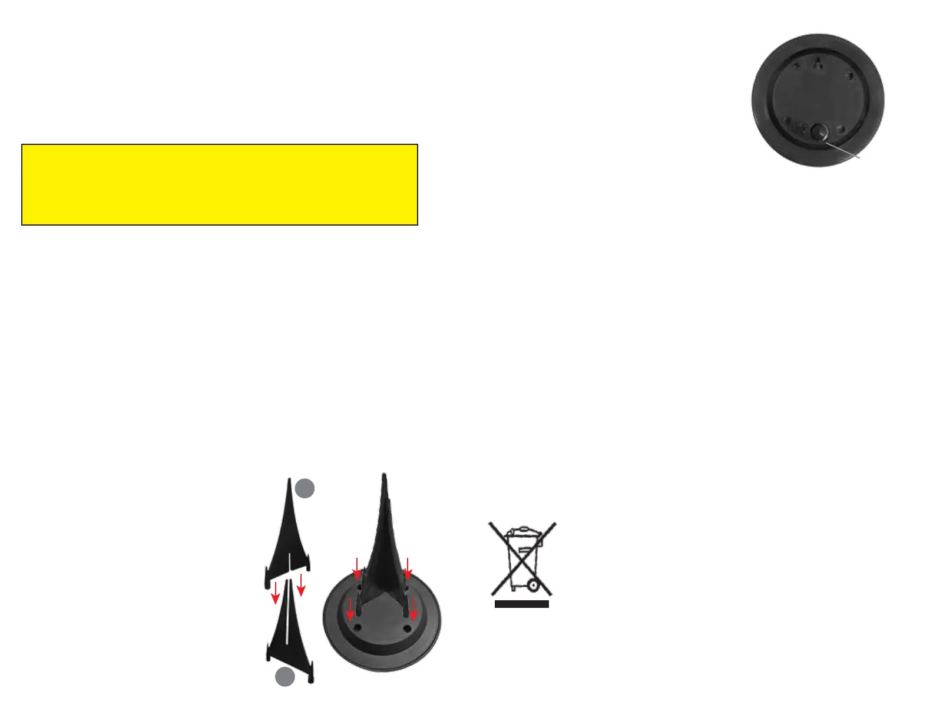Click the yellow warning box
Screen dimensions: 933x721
[219, 184]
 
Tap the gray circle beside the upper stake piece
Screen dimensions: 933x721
[305, 488]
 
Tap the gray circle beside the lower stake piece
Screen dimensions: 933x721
[285, 677]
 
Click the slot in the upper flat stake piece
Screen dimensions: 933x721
[289, 562]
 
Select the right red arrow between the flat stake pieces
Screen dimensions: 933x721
[301, 586]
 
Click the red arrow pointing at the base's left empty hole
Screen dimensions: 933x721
[351, 610]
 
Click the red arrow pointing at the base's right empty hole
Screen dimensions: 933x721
[413, 610]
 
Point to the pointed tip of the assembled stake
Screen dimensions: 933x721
[384, 475]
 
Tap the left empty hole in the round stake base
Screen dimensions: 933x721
[357, 628]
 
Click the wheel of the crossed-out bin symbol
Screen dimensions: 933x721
[532, 585]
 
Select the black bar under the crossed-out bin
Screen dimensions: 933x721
[521, 604]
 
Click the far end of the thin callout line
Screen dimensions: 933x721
[861, 157]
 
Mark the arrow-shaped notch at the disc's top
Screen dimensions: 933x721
[818, 64]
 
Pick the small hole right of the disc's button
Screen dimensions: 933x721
[842, 129]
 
